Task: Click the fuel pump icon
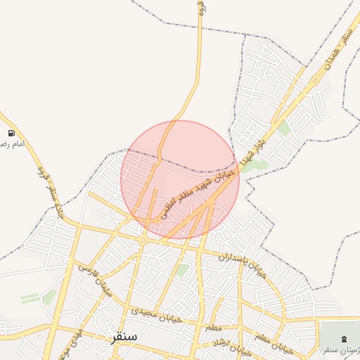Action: (11, 133)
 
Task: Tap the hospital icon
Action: (343, 339)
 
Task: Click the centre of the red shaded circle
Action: (180, 179)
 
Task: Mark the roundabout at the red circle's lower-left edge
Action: (143, 240)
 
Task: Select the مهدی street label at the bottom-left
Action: (77, 340)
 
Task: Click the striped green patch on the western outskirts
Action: (30, 298)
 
